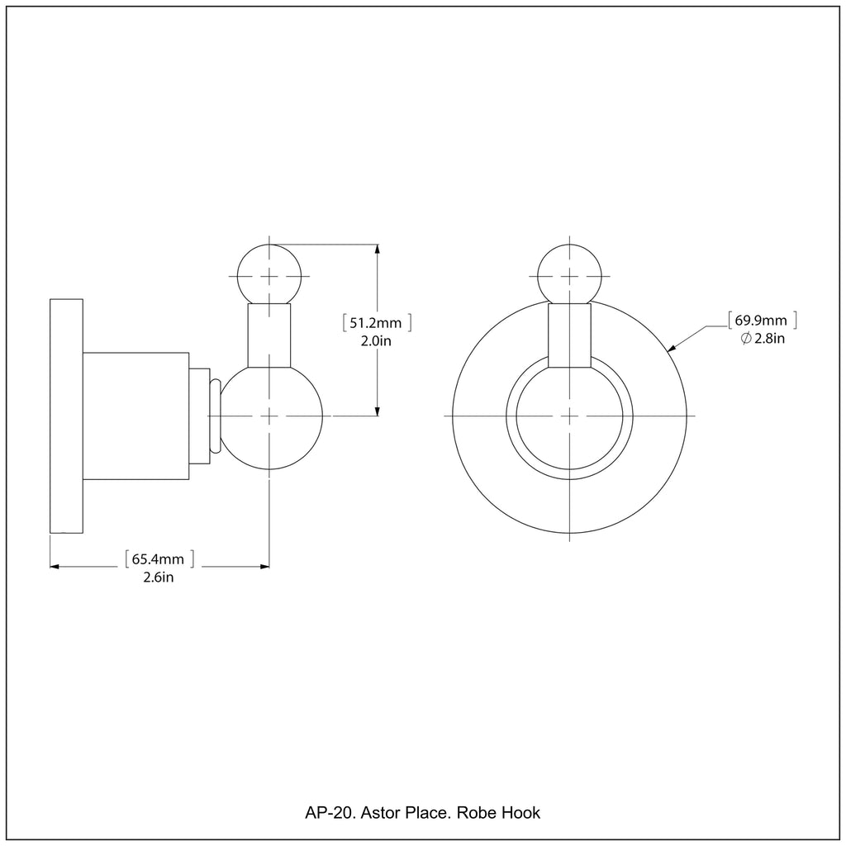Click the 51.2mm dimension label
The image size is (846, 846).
pyautogui.click(x=376, y=323)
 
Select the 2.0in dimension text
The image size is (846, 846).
pyautogui.click(x=376, y=341)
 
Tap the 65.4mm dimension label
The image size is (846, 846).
pyautogui.click(x=158, y=559)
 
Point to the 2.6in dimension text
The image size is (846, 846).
pyautogui.click(x=158, y=577)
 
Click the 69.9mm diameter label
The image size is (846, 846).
pyautogui.click(x=761, y=321)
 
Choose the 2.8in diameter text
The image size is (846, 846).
pyautogui.click(x=769, y=338)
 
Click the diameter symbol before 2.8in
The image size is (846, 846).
pyautogui.click(x=746, y=339)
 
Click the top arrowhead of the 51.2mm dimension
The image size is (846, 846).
pyautogui.click(x=377, y=250)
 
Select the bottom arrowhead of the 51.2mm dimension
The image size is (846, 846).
pyautogui.click(x=377, y=410)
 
